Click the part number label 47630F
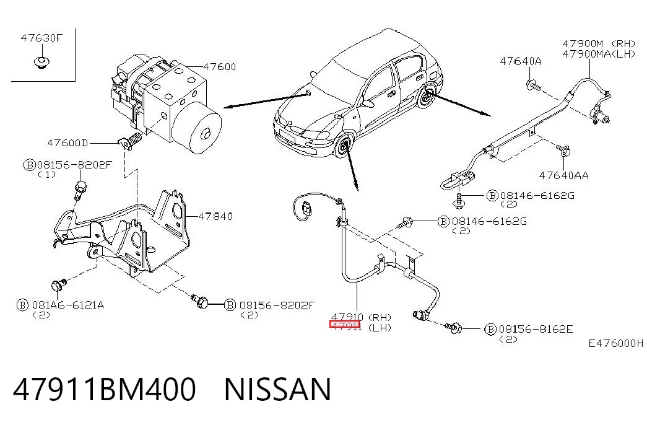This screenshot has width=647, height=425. (41, 38)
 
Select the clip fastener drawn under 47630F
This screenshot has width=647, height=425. (41, 63)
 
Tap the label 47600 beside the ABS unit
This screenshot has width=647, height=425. (220, 67)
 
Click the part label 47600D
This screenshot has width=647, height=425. (67, 143)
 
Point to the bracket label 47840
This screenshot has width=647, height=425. (216, 216)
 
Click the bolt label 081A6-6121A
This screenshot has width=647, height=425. (68, 305)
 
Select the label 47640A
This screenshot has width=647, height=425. (521, 61)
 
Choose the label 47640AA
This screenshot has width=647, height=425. (564, 175)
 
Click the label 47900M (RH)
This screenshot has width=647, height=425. (599, 44)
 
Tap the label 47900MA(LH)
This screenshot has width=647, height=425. (599, 54)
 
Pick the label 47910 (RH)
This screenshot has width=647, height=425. (362, 317)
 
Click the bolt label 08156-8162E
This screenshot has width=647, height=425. (536, 329)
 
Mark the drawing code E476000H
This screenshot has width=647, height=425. (615, 343)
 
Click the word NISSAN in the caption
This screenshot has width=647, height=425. (278, 389)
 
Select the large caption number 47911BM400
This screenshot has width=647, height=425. (105, 389)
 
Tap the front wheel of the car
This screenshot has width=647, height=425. (342, 146)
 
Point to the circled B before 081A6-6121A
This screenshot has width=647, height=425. (22, 305)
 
